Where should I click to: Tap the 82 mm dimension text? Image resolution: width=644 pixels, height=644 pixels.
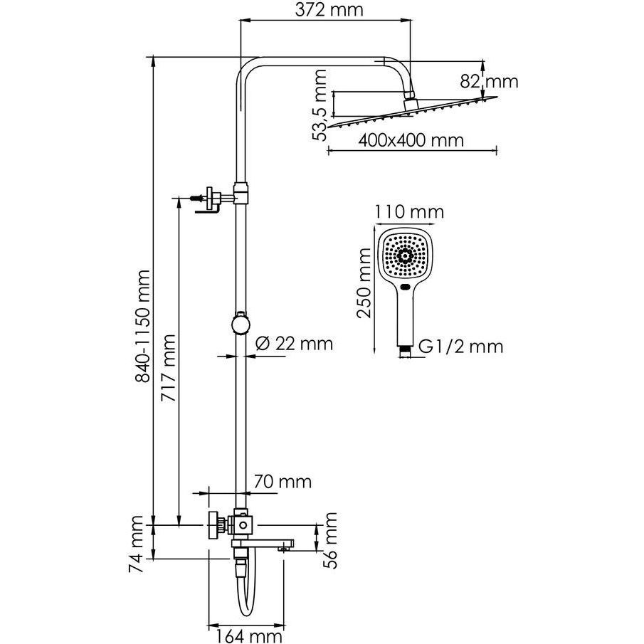[490, 81]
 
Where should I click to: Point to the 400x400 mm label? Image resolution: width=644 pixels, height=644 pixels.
[411, 140]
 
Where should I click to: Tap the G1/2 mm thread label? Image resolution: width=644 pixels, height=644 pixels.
[460, 347]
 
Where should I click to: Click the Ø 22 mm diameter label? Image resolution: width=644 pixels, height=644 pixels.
[293, 344]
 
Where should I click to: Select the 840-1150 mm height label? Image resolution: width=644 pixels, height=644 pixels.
[146, 327]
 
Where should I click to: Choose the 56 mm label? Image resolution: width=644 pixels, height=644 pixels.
[331, 542]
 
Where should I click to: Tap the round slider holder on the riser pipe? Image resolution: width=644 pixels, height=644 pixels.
[240, 324]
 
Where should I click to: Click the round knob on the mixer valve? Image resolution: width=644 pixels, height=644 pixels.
[214, 525]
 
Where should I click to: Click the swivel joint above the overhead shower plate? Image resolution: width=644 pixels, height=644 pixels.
[411, 103]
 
